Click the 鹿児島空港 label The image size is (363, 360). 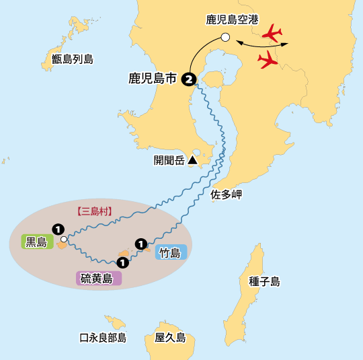232,20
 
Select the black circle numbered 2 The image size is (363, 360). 190,79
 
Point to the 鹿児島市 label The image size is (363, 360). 153,79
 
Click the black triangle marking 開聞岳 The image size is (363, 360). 192,160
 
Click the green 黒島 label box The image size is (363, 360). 37,242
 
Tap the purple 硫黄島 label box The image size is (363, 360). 98,278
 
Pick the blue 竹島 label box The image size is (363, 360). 169,253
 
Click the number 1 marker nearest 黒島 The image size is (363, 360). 58,229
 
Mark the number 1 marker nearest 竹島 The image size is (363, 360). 140,243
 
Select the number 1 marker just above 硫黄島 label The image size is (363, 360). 122,262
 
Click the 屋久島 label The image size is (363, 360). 170,338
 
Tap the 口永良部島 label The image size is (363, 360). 103,338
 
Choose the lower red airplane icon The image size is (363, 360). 268,61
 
